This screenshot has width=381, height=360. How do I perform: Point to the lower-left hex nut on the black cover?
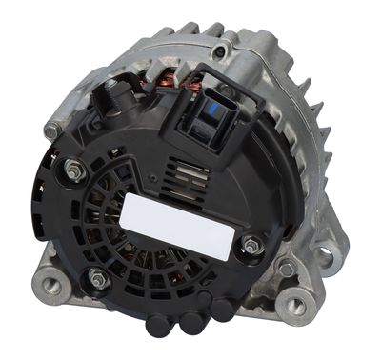[97, 278]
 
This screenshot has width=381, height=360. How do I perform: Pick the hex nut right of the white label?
[251, 246]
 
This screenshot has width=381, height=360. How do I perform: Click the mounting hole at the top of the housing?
[222, 50]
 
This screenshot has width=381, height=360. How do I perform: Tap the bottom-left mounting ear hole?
[48, 284]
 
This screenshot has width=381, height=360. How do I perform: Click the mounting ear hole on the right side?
[327, 255]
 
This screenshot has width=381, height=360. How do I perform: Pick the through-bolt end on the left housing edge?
[52, 130]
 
